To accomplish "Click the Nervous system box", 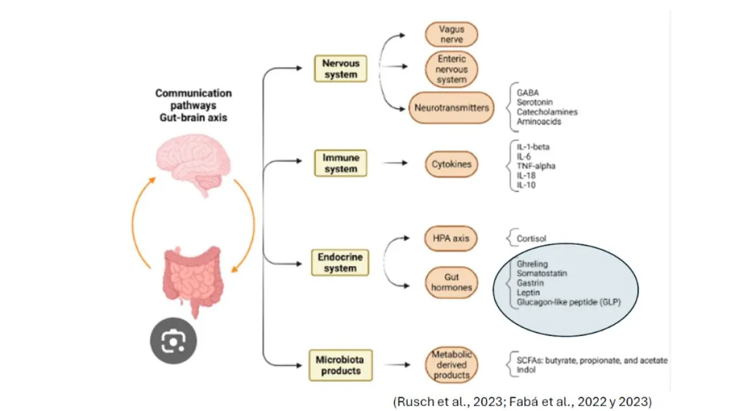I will tap(341, 69).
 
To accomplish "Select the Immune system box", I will tap(341, 163).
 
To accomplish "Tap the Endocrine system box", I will tap(341, 262).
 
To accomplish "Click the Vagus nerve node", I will tap(451, 34).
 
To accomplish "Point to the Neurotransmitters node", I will tap(451, 107).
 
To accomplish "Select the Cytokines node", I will tap(451, 164).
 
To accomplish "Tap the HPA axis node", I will tap(451, 239).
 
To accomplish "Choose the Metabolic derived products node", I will tap(451, 365).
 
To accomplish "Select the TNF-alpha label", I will tap(536, 165).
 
